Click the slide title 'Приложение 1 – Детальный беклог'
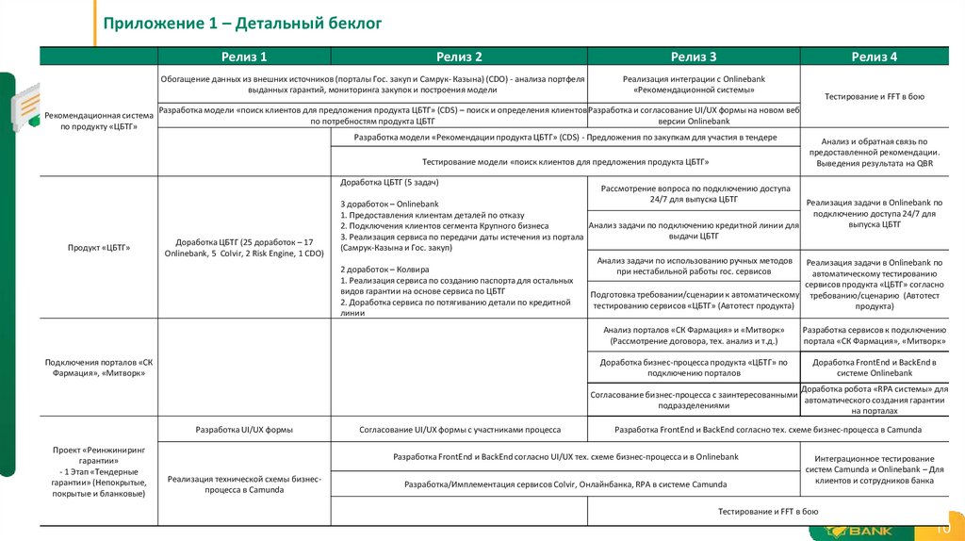(242, 24)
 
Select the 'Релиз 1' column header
(244, 57)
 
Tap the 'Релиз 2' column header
(459, 57)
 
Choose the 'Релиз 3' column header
(694, 57)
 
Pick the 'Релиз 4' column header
(874, 57)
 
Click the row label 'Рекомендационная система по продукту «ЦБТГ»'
(98, 121)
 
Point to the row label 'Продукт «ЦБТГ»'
(98, 248)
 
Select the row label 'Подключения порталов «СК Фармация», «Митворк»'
(98, 368)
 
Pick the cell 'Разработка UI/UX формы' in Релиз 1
(243, 429)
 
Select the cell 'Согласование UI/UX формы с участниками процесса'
(460, 429)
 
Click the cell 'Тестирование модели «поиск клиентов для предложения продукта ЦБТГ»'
(565, 161)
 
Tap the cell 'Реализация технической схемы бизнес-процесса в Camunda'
(243, 484)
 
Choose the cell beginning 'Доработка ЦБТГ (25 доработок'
(243, 248)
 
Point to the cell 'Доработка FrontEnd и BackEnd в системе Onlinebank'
(874, 367)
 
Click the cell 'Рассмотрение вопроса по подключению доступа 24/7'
(694, 194)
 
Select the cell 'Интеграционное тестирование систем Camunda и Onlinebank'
(874, 469)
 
